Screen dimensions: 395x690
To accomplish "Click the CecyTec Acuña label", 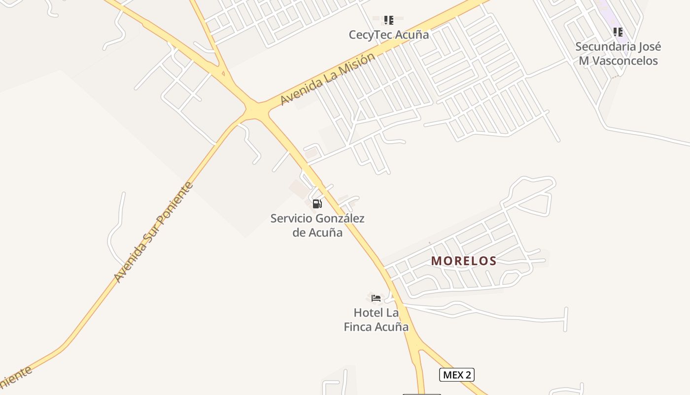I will (x=388, y=35).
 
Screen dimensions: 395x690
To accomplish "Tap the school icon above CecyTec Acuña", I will (x=389, y=20).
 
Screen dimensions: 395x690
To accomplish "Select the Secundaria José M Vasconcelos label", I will (x=618, y=54).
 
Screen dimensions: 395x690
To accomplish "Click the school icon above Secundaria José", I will (x=618, y=33).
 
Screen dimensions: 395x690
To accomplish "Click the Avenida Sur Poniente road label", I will (x=153, y=232).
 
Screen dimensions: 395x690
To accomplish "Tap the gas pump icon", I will (x=317, y=203).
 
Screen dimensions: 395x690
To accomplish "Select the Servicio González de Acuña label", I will (x=317, y=225).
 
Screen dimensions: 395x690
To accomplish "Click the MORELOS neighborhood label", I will (x=464, y=261).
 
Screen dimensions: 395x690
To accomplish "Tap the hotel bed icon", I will (x=376, y=298).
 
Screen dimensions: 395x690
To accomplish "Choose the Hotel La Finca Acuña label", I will (x=376, y=319).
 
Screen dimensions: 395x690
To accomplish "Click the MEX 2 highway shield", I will (x=456, y=375).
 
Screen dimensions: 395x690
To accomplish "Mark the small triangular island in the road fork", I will (x=223, y=74).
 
